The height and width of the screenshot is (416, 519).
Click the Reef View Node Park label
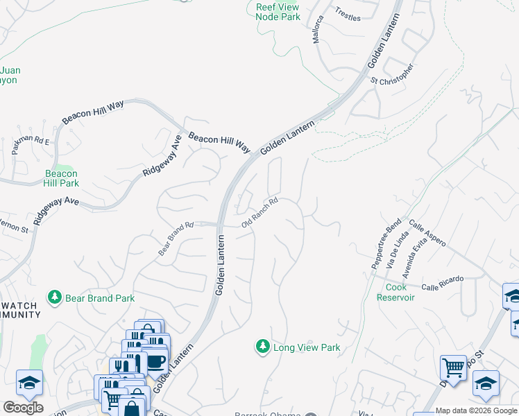tap(278, 11)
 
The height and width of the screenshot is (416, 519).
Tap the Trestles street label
tap(348, 14)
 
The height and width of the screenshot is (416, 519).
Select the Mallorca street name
tap(318, 31)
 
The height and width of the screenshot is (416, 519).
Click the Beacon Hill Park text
tap(61, 178)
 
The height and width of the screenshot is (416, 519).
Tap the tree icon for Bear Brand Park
tap(54, 297)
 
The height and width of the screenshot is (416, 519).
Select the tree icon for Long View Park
tap(262, 347)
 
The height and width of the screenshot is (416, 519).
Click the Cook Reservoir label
tap(395, 292)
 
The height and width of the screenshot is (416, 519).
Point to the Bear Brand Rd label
tap(175, 239)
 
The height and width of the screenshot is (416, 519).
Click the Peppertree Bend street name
tap(386, 247)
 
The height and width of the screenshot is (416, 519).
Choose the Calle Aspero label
tap(427, 234)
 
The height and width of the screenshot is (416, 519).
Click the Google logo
tap(23, 408)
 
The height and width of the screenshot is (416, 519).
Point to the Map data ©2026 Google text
tap(477, 411)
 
